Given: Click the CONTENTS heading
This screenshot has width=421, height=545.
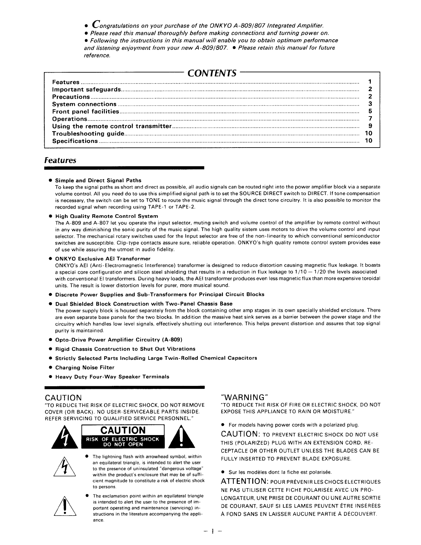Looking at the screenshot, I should click(212, 73).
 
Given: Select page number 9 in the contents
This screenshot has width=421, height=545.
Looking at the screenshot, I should click(370, 126).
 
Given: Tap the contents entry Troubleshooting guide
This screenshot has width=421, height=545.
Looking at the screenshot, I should click(88, 134).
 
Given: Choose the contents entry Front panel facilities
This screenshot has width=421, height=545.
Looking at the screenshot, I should click(86, 112).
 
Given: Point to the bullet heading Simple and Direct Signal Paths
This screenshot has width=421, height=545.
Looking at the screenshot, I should click(98, 181).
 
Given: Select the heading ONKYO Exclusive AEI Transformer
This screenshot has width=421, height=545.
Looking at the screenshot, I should click(103, 259).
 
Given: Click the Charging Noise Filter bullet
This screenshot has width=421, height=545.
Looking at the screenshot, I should click(85, 368).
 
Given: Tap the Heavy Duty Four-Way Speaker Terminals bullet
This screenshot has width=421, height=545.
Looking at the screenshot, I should click(112, 377).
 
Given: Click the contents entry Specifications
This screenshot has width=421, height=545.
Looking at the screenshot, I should click(75, 141).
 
